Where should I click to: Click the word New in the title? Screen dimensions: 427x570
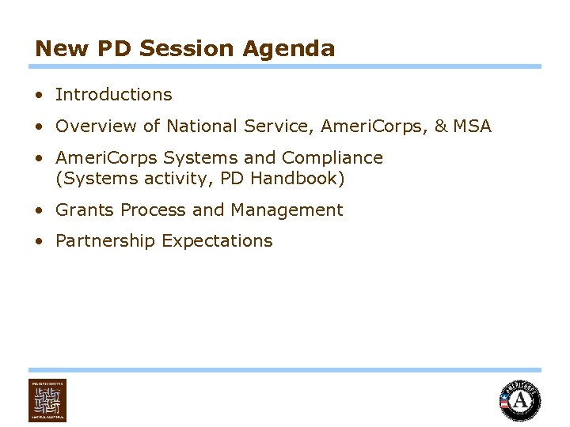pos(63,49)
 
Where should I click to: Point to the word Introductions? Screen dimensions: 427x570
pos(113,95)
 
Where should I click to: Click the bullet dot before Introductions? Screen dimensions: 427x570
pos(39,95)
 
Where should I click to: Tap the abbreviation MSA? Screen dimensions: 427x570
pos(472,127)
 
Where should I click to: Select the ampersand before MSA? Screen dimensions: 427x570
pos(440,127)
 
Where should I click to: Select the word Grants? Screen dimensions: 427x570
pos(82,210)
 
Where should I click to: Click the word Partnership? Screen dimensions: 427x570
pos(105,241)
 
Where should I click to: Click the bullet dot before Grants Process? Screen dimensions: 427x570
pos(39,210)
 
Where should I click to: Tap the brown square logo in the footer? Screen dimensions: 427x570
pos(47,400)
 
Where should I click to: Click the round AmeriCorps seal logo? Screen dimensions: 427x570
pos(519,400)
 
